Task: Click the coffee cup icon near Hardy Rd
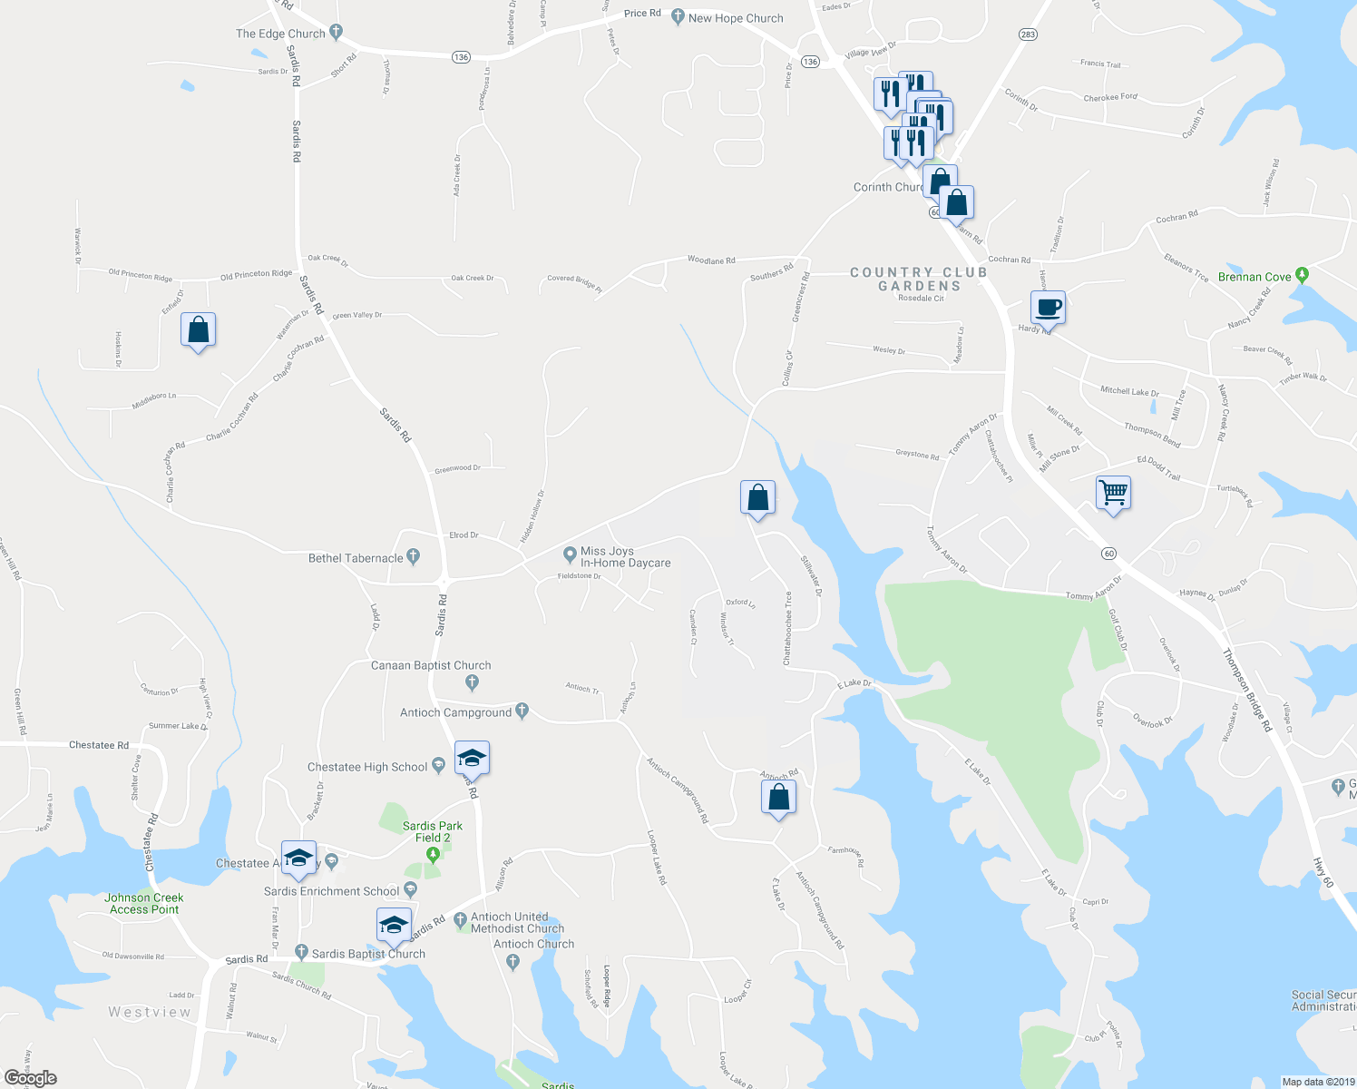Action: click(1048, 308)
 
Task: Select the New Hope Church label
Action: click(735, 18)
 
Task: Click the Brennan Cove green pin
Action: click(1303, 273)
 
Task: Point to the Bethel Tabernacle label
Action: click(356, 558)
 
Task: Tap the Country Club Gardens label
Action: click(919, 279)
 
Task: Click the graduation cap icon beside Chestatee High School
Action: click(471, 758)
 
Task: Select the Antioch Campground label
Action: click(455, 712)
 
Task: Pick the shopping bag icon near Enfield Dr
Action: click(198, 330)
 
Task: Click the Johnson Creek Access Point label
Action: click(144, 903)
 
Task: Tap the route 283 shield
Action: click(1027, 34)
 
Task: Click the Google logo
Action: click(30, 1078)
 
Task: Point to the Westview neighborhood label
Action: click(150, 1012)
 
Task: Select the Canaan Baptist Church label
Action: click(431, 665)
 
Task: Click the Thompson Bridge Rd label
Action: click(1246, 690)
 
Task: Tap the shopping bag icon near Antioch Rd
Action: click(778, 798)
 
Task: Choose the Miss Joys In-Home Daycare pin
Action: click(570, 554)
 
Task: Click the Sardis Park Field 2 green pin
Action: click(433, 854)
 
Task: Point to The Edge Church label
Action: click(280, 34)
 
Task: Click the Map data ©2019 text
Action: click(1317, 1082)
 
